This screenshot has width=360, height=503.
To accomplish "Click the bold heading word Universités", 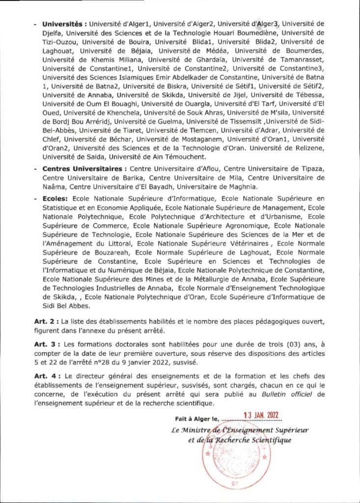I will [62, 24].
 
